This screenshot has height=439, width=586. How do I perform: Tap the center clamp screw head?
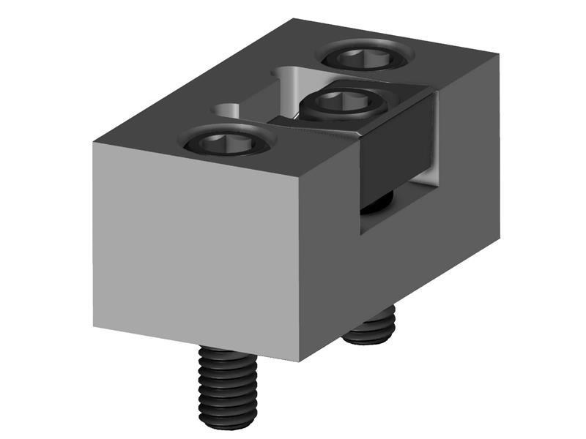(x=344, y=105)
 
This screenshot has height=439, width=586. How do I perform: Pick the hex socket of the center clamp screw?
(x=344, y=102)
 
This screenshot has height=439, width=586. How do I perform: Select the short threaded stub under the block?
(x=371, y=325)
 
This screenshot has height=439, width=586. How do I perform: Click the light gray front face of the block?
(x=198, y=249)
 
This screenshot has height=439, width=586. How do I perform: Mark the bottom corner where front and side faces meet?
(x=300, y=361)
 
